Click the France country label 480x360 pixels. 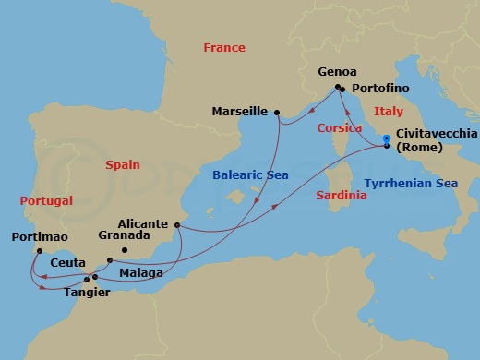click(224, 47)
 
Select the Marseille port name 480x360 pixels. click(240, 112)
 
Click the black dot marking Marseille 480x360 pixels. click(277, 112)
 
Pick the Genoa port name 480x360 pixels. click(334, 70)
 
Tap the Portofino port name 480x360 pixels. click(378, 90)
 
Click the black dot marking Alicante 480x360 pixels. click(175, 224)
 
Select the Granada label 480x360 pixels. click(124, 235)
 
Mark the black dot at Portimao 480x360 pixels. click(39, 250)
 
